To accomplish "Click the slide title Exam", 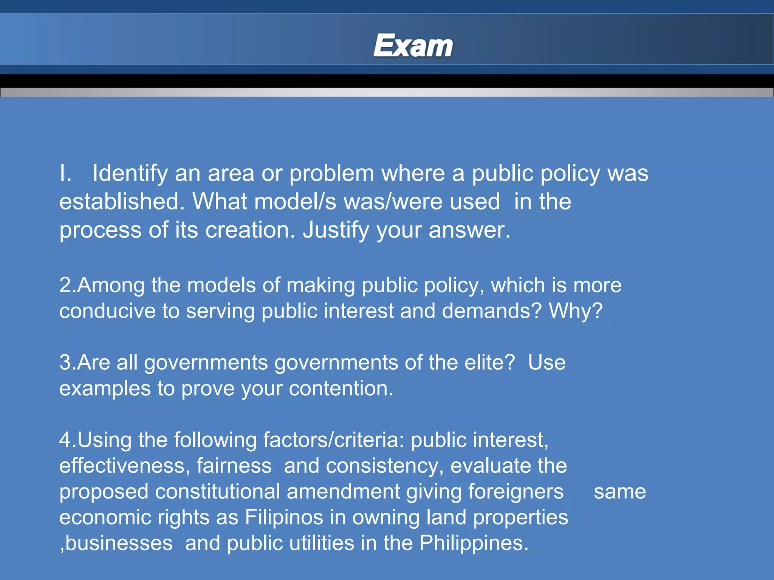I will [x=413, y=46].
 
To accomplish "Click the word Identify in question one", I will [x=130, y=174].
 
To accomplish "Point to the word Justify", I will [x=336, y=230].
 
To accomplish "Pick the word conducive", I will [x=107, y=311].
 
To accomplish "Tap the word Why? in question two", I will [x=576, y=311].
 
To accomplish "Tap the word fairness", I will [x=234, y=466].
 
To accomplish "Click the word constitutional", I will [x=217, y=492].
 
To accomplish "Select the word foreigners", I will [x=516, y=492].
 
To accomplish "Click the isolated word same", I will [x=620, y=492].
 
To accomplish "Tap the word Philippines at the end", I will [x=474, y=543].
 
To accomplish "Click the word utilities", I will [x=322, y=543].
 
